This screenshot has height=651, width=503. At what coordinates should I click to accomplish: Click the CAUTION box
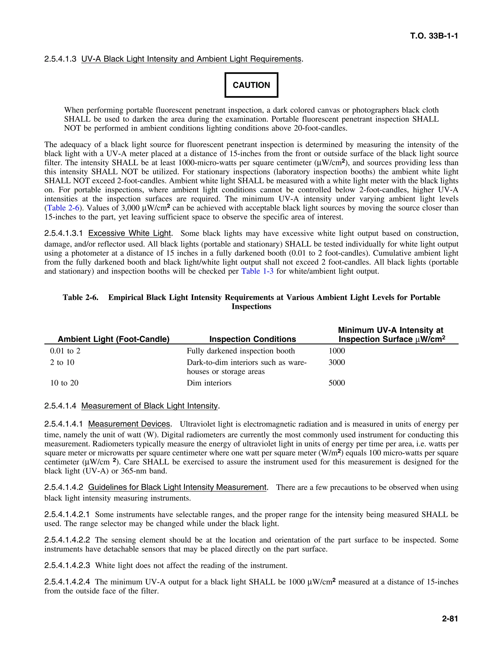click(x=251, y=85)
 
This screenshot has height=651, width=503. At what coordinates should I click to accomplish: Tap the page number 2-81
click(x=450, y=619)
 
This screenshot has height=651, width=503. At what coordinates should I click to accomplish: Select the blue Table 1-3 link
click(x=257, y=271)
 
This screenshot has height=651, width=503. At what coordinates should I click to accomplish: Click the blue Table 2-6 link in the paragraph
click(x=63, y=208)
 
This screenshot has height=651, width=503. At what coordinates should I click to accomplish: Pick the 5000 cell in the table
click(x=336, y=383)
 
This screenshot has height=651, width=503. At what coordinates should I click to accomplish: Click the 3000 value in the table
click(x=336, y=362)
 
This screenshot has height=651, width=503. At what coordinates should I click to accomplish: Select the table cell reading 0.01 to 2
click(x=65, y=351)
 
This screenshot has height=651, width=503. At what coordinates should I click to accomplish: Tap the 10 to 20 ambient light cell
click(x=64, y=383)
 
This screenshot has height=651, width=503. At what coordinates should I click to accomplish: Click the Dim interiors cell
click(x=209, y=383)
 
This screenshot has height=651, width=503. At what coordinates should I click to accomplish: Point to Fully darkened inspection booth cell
click(x=240, y=351)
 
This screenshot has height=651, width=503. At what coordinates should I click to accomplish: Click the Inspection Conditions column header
click(x=252, y=339)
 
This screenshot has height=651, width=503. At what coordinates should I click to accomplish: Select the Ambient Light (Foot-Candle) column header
click(x=113, y=339)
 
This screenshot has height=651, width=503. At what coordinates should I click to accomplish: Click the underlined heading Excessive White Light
click(x=129, y=233)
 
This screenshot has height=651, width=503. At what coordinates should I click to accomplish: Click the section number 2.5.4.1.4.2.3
click(x=67, y=566)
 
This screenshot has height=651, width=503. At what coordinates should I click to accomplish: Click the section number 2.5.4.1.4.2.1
click(x=67, y=514)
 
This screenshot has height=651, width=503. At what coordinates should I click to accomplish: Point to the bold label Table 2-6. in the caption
click(x=81, y=297)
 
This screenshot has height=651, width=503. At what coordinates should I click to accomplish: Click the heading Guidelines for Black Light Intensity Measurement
click(x=177, y=487)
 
